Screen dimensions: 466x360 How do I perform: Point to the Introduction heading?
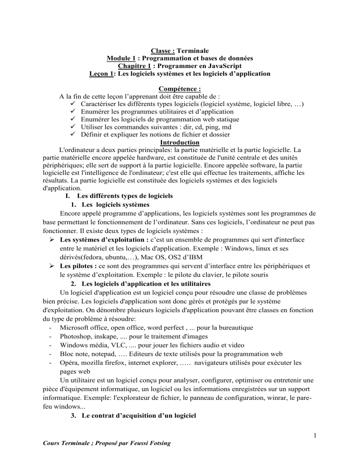(x=180, y=142)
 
